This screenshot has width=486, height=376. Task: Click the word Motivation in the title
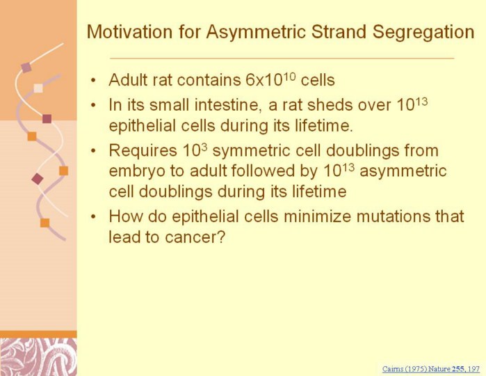click(x=129, y=31)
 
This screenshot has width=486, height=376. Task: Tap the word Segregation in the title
click(x=423, y=32)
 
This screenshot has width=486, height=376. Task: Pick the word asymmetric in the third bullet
click(x=403, y=171)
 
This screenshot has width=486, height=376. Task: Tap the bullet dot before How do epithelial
click(x=93, y=217)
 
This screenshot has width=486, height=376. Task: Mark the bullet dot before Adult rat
click(x=93, y=80)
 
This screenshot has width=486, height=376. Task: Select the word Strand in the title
click(x=339, y=31)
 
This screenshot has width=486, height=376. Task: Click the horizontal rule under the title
click(x=282, y=58)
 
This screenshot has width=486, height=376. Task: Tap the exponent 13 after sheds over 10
click(x=421, y=102)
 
